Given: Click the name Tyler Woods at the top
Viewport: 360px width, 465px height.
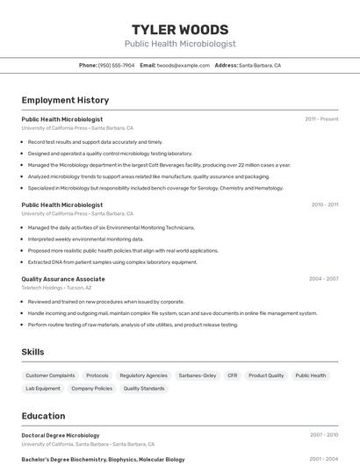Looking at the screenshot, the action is (x=179, y=30).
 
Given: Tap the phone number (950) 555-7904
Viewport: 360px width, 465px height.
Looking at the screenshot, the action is (x=116, y=65).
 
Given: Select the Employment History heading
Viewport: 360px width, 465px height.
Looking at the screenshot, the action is (x=65, y=100).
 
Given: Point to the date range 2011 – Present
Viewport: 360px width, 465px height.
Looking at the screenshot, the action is (x=321, y=119).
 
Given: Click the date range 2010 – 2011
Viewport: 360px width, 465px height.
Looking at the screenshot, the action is (x=324, y=204).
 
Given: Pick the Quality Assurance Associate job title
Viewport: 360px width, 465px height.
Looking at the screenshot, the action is (x=63, y=279).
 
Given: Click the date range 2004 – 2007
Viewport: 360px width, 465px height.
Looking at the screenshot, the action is (x=323, y=279).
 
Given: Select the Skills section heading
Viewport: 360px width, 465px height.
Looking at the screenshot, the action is (x=33, y=352).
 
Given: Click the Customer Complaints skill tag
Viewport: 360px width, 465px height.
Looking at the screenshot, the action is (x=50, y=376).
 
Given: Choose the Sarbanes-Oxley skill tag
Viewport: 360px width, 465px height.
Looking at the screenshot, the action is (x=197, y=376).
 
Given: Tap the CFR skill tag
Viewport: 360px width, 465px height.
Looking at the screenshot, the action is (x=233, y=376).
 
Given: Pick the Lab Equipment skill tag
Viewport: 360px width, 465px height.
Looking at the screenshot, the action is (x=43, y=388).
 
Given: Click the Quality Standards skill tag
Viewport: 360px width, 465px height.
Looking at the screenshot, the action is (x=144, y=388).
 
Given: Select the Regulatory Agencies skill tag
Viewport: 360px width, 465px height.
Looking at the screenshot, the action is (x=143, y=376).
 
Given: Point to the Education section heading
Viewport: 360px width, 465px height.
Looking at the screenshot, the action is (x=43, y=416).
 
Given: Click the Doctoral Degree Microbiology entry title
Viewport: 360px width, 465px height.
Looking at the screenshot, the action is (x=61, y=435).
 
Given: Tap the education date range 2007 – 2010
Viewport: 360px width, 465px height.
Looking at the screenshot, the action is (x=323, y=435).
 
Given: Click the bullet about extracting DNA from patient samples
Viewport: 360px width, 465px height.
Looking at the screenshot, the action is (x=112, y=261).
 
